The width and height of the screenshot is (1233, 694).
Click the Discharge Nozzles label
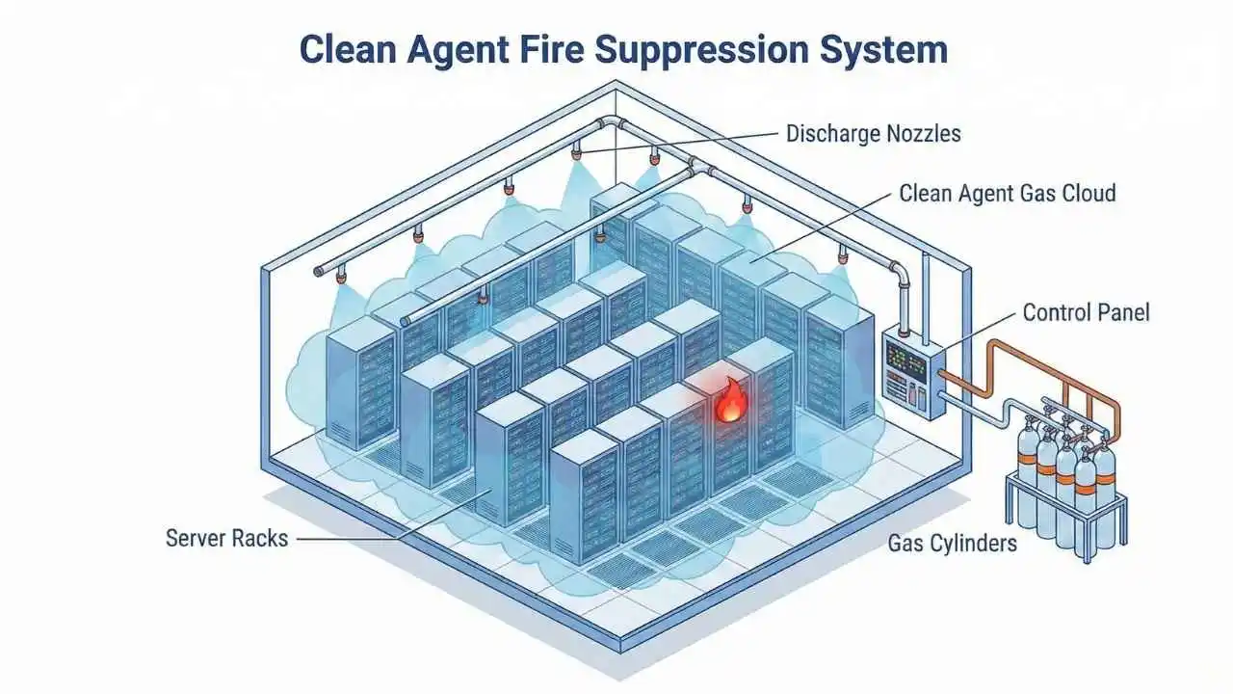pyautogui.click(x=873, y=133)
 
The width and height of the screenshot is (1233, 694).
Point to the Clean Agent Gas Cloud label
pyautogui.click(x=1007, y=193)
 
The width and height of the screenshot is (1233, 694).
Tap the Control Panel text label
pyautogui.click(x=1086, y=312)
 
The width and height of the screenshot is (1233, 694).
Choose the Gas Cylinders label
pyautogui.click(x=952, y=543)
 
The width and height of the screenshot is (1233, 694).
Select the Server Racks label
pyautogui.click(x=226, y=538)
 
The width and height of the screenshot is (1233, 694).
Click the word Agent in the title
pyautogui.click(x=466, y=50)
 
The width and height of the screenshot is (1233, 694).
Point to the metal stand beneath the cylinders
pyautogui.click(x=1060, y=525)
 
